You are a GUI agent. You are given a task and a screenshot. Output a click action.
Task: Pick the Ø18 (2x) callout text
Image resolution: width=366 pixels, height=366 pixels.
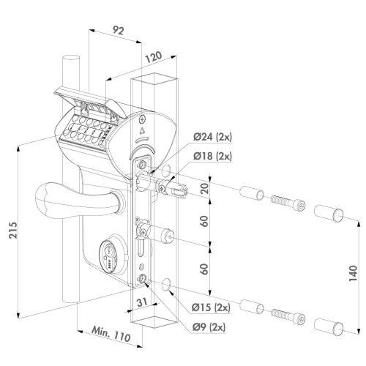(193, 156)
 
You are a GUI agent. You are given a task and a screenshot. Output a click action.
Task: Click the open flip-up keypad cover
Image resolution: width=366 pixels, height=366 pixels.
(81, 97)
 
